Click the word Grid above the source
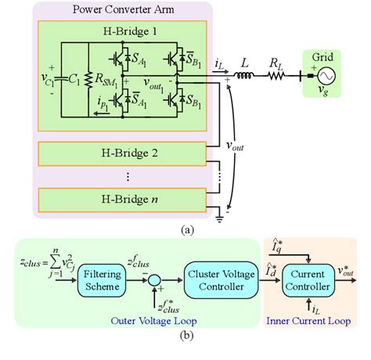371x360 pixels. pyautogui.click(x=322, y=57)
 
